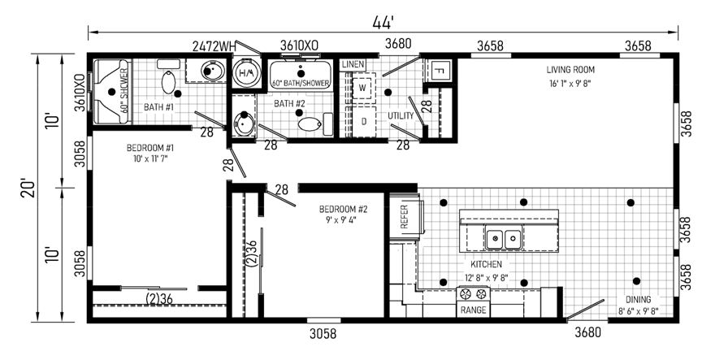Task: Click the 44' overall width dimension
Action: [383, 22]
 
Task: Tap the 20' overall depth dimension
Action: [28, 188]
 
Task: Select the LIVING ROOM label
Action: [570, 70]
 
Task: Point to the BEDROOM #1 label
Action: [150, 148]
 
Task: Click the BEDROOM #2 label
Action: [343, 210]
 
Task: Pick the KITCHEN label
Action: [486, 264]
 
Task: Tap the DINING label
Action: [638, 300]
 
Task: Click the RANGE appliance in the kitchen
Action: [473, 301]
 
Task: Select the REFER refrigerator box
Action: [405, 216]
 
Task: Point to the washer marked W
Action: [362, 89]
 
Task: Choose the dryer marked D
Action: [364, 121]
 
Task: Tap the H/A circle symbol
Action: [246, 72]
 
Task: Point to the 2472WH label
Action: [214, 46]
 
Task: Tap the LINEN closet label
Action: [353, 64]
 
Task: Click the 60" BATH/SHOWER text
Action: [301, 83]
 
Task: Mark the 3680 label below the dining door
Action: [587, 332]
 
